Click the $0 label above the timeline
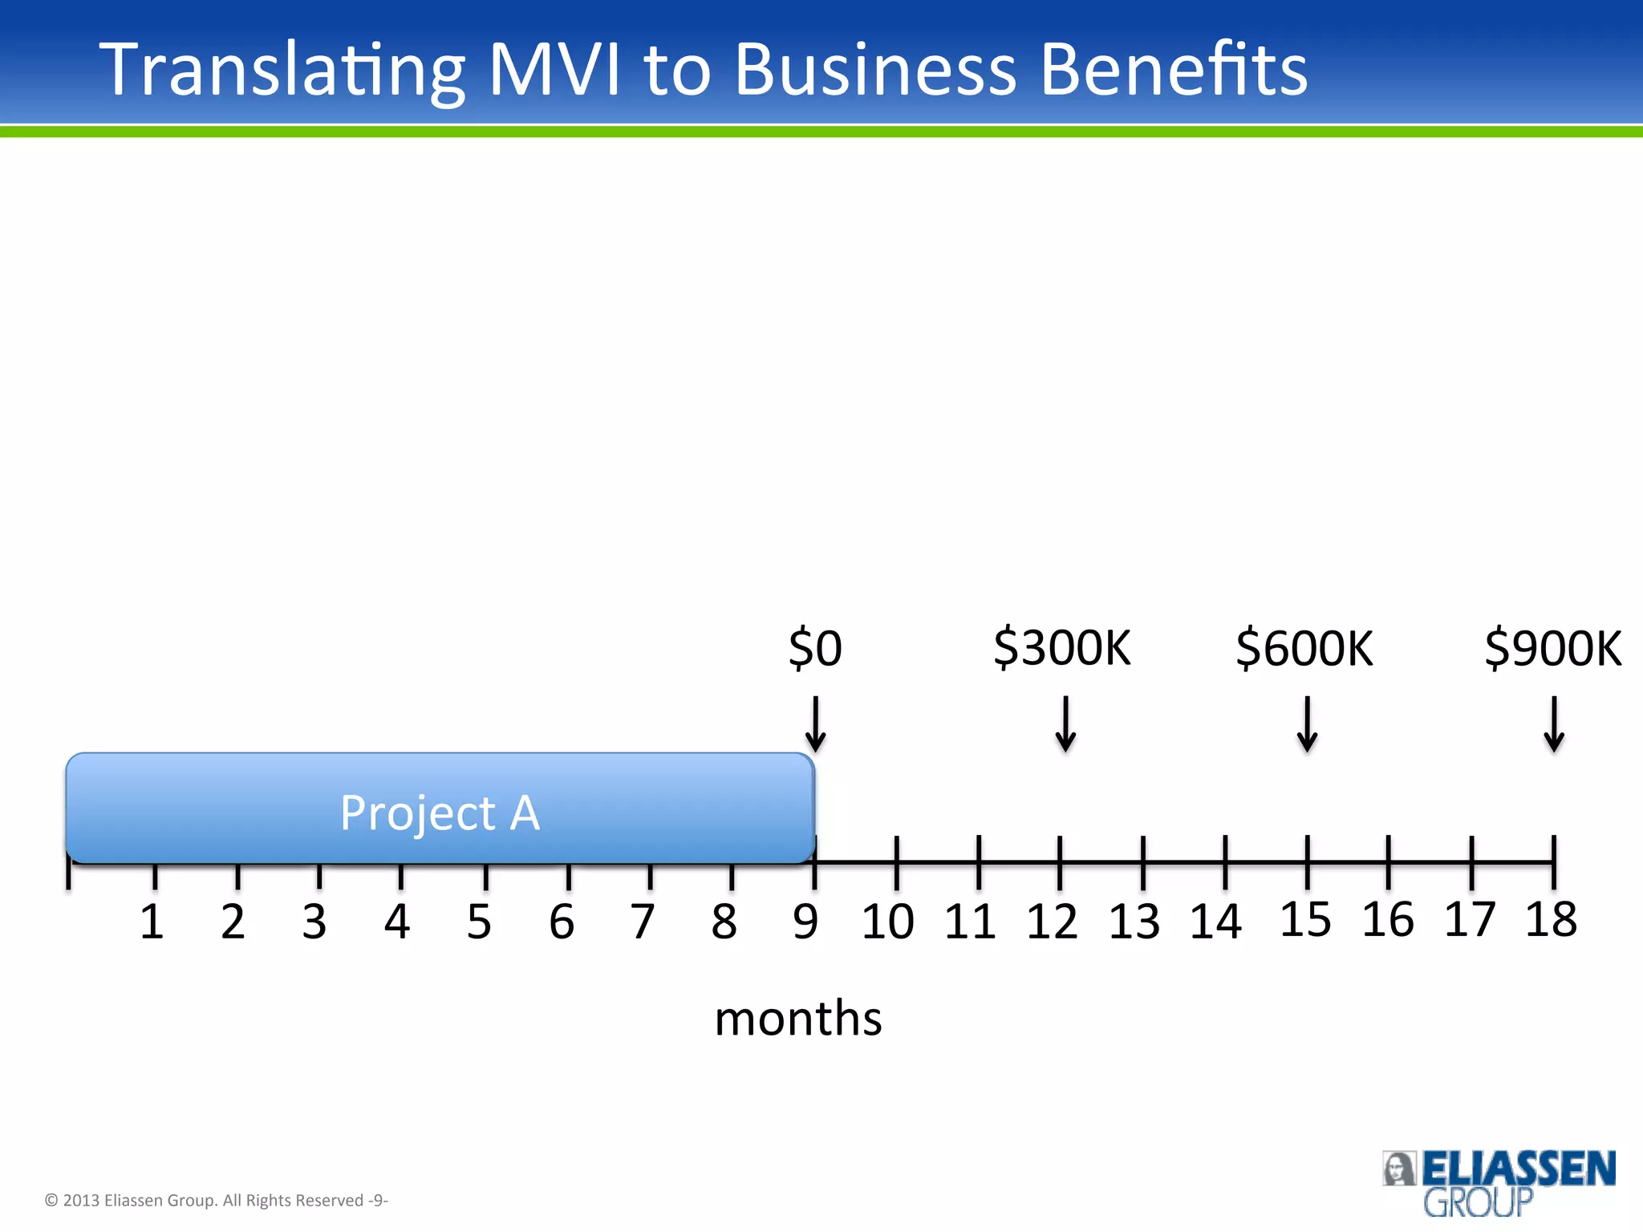815,648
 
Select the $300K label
1062,648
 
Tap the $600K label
1304,648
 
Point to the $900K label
1553,648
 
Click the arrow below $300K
1065,723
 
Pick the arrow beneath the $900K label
1554,723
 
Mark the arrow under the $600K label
1307,723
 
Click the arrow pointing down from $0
815,723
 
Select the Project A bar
440,808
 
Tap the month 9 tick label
805,922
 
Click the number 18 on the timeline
1551,919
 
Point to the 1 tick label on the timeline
152,922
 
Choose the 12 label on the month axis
1052,922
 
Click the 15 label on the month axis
1305,919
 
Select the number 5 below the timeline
479,922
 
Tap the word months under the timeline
798,1019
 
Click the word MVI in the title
554,70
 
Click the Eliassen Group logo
1499,1182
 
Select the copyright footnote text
217,1200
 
